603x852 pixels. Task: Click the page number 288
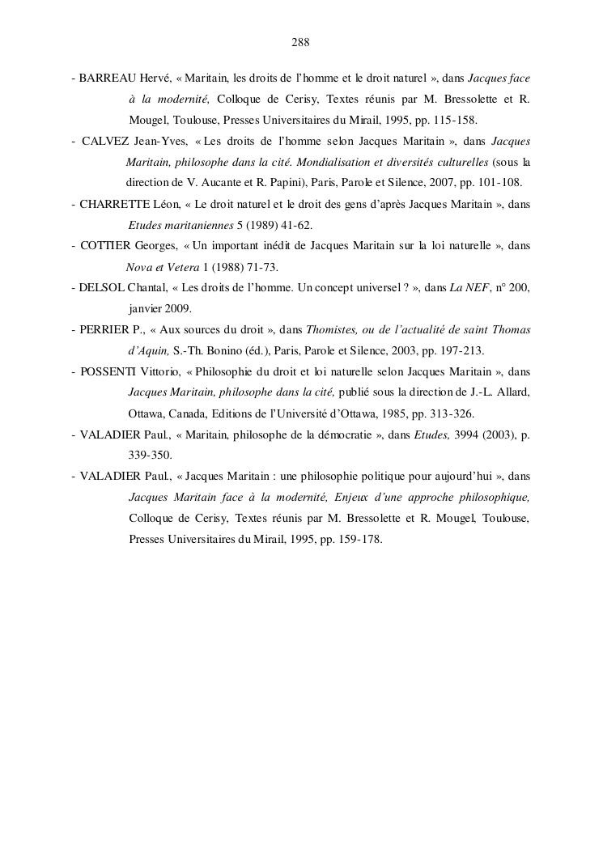click(301, 42)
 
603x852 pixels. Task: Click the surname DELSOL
click(101, 288)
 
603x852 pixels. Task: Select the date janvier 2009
click(160, 309)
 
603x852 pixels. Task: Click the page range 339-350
click(151, 456)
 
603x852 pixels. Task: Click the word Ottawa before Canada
click(147, 414)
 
